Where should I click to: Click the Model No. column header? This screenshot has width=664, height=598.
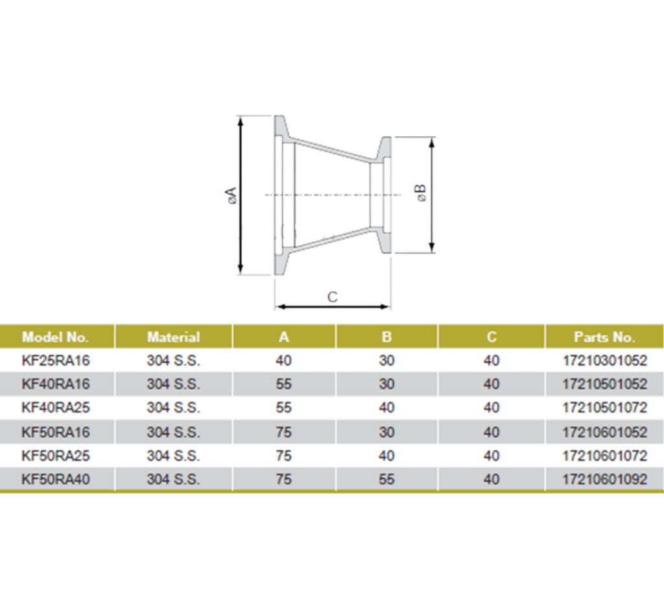[x=55, y=337]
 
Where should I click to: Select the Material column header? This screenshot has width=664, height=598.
[x=173, y=337]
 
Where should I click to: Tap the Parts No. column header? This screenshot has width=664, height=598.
[x=604, y=337]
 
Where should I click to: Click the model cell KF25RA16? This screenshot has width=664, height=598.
[x=55, y=361]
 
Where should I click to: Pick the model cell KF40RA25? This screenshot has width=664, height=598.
[x=55, y=408]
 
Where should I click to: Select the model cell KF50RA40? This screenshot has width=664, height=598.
[x=55, y=479]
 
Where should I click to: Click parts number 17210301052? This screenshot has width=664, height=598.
[x=604, y=361]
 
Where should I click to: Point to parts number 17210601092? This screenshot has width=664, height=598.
[x=604, y=479]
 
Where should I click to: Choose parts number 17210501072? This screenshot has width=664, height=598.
[x=604, y=408]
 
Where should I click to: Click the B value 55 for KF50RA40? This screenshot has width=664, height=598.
[x=386, y=479]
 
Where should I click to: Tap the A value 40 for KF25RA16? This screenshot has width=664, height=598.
[x=284, y=361]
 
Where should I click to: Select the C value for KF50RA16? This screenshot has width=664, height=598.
[x=492, y=432]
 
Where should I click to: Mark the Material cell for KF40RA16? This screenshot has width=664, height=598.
[x=173, y=384]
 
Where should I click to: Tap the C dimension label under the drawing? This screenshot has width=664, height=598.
[x=332, y=297]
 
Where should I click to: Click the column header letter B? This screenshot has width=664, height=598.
[x=386, y=337]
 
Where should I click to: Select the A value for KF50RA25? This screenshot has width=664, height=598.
[x=284, y=456]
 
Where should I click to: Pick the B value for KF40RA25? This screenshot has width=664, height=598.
[x=386, y=408]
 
